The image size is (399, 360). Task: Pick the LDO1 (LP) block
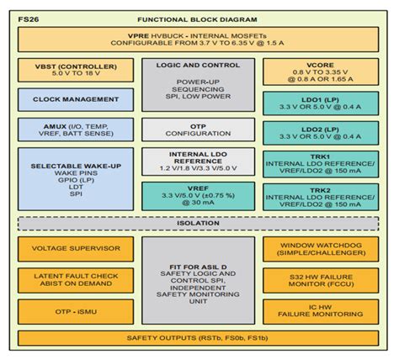(x=320, y=103)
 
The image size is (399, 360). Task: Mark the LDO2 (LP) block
(x=320, y=133)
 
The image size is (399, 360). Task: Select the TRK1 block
(x=320, y=164)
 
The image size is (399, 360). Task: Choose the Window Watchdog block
(x=320, y=250)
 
